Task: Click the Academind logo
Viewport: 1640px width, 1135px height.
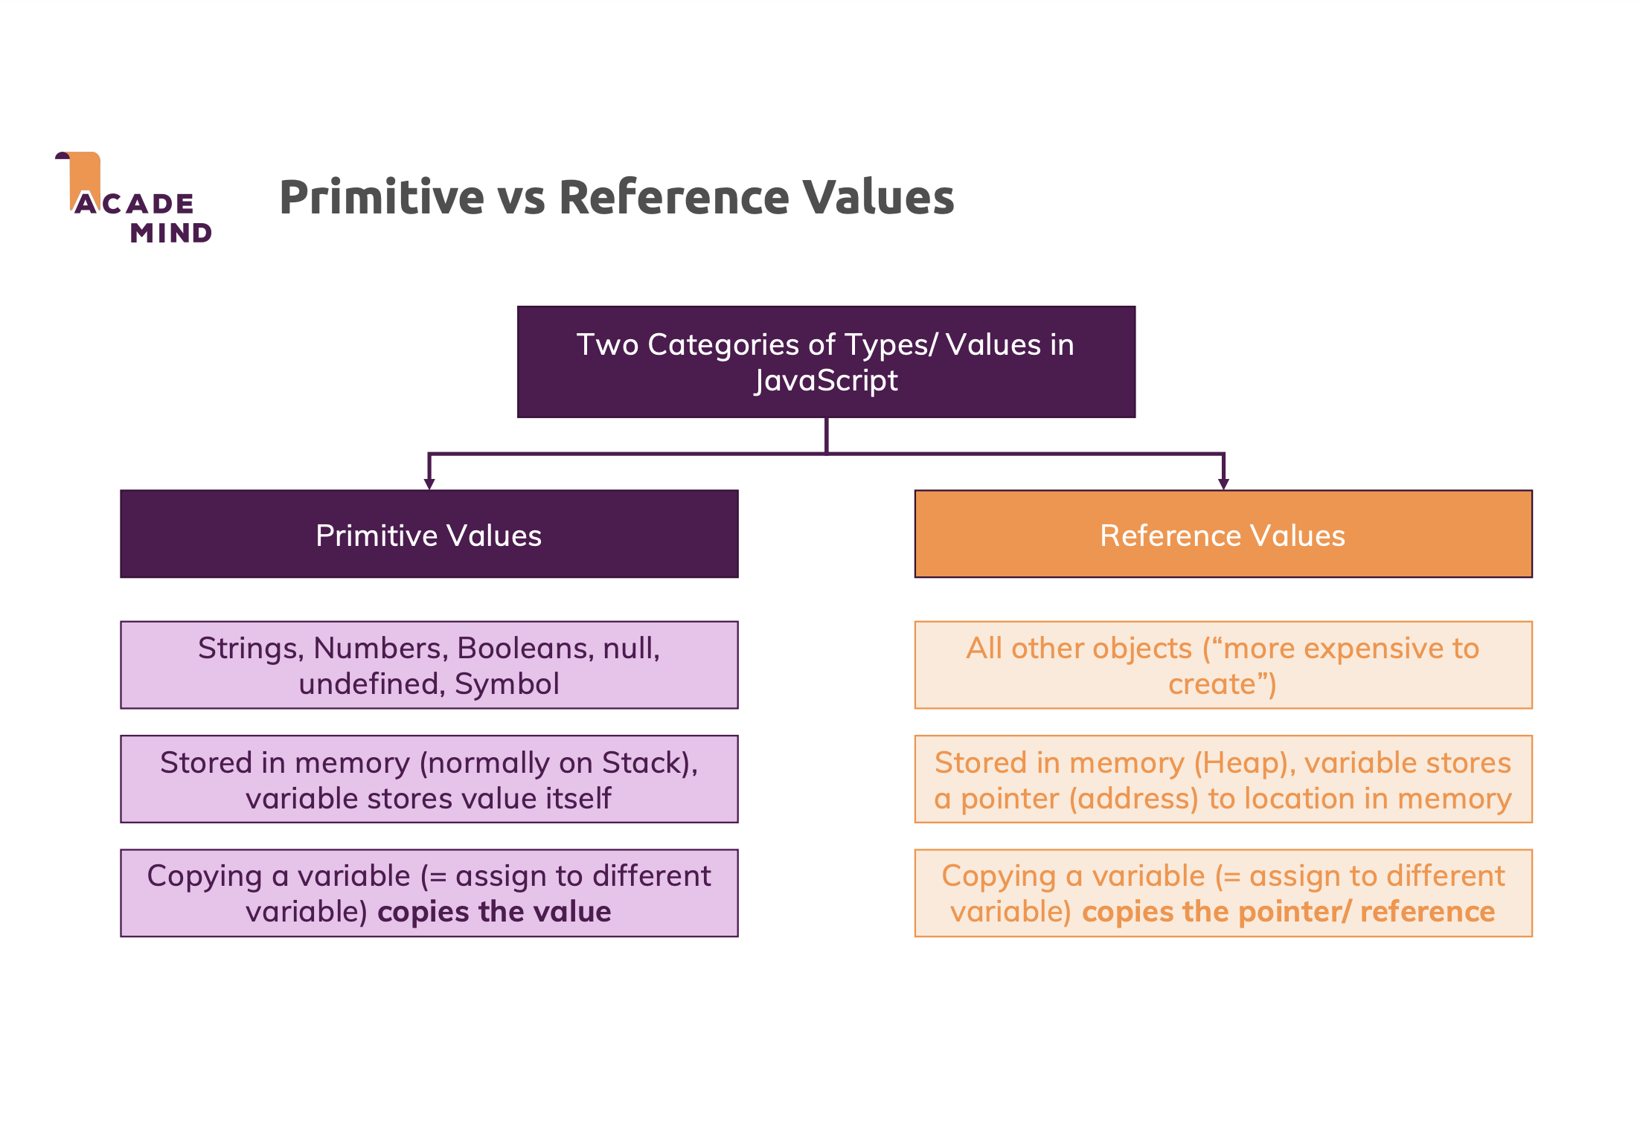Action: point(134,199)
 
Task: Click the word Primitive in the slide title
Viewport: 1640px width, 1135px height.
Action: point(382,198)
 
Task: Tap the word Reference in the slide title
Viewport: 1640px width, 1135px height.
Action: point(670,198)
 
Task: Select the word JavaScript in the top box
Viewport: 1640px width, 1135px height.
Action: point(826,381)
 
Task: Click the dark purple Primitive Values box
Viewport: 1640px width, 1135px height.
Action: point(429,534)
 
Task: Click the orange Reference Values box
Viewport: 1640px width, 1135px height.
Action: point(1223,534)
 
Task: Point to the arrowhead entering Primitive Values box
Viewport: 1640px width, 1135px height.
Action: point(429,483)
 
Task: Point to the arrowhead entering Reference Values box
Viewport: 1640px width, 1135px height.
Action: point(1223,483)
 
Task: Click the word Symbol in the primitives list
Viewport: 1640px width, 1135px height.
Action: point(507,684)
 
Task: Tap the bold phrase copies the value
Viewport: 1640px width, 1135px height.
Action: point(494,912)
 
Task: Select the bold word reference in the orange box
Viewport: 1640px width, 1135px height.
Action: point(1427,912)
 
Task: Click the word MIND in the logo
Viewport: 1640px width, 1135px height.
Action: point(171,234)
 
